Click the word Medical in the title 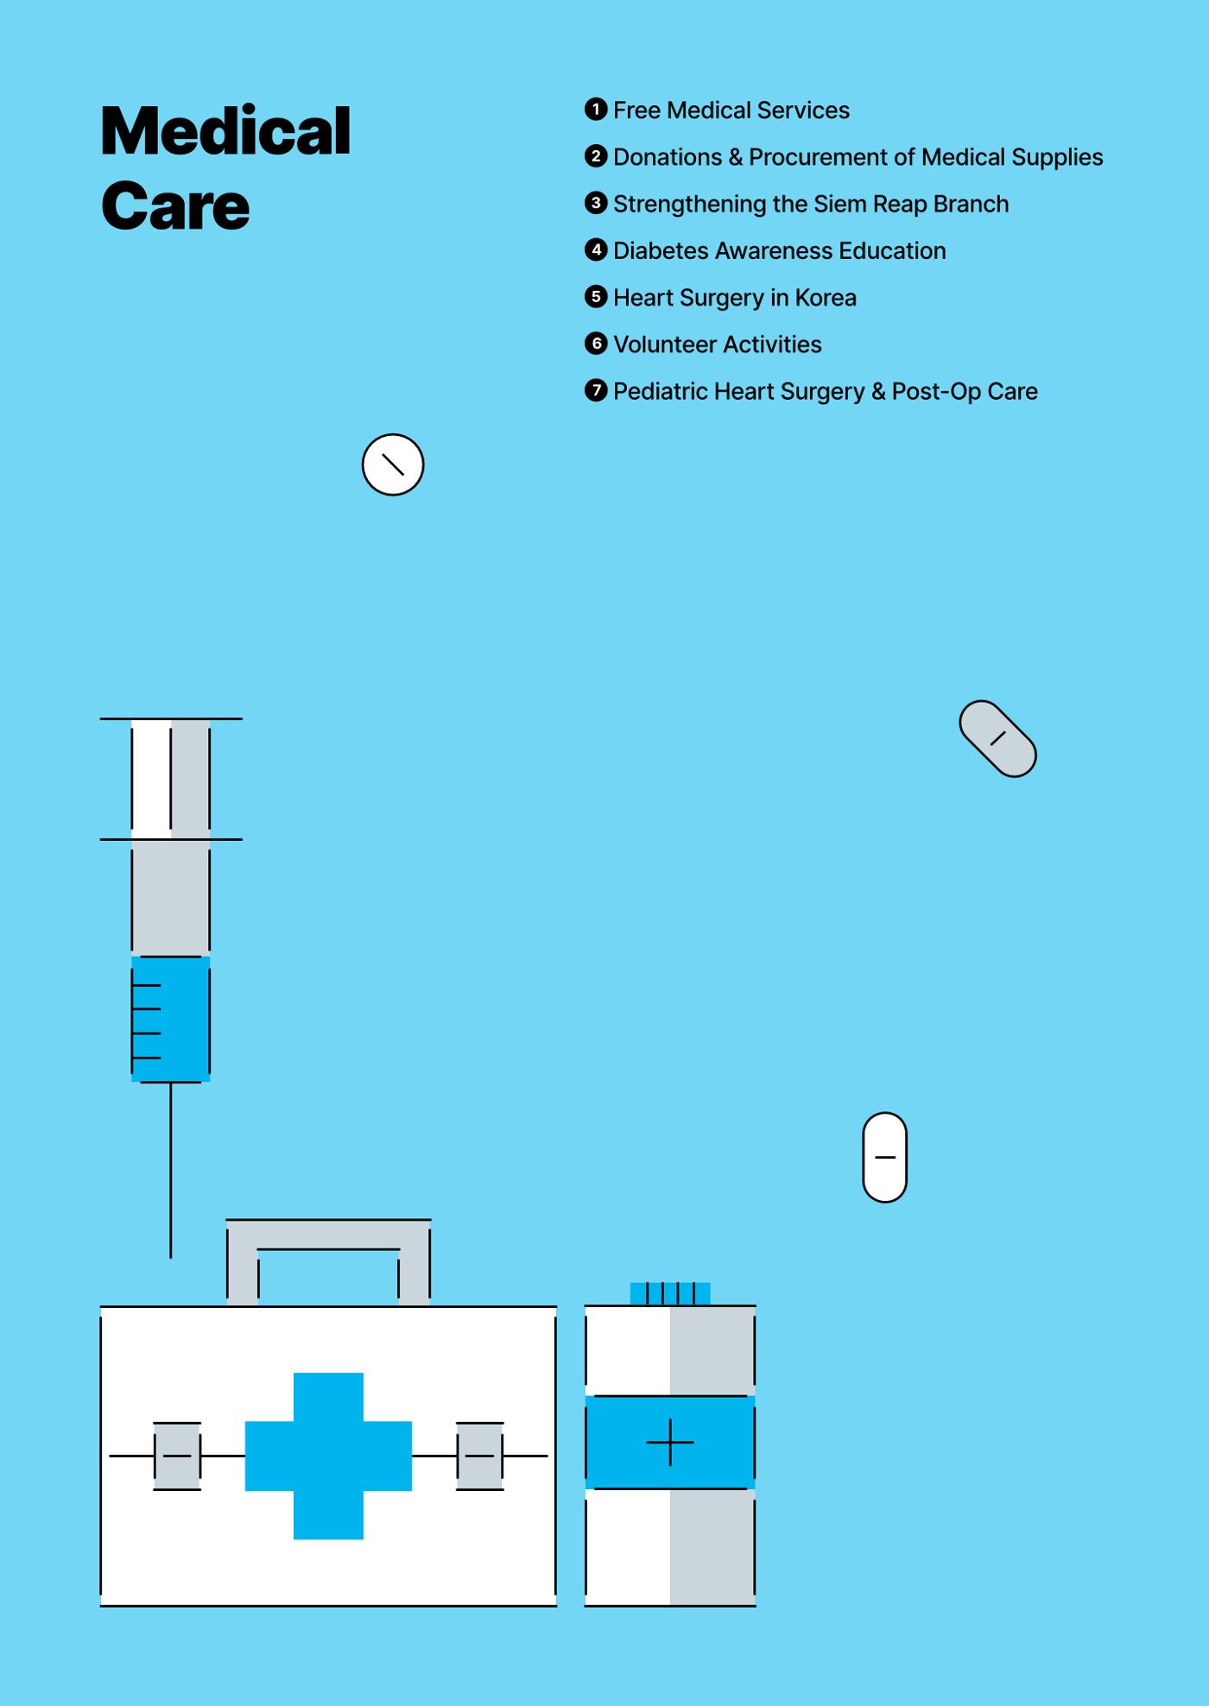pyautogui.click(x=225, y=131)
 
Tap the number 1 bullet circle pyautogui.click(x=596, y=109)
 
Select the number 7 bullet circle pyautogui.click(x=596, y=389)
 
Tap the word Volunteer pyautogui.click(x=666, y=344)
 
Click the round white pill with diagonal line pyautogui.click(x=393, y=464)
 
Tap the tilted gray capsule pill pyautogui.click(x=997, y=738)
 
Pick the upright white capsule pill pyautogui.click(x=885, y=1157)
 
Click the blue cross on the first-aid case pyautogui.click(x=328, y=1456)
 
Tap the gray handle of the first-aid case pyautogui.click(x=328, y=1235)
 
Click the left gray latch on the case pyautogui.click(x=177, y=1456)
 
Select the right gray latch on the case pyautogui.click(x=480, y=1456)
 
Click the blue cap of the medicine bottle pyautogui.click(x=670, y=1293)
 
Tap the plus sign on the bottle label pyautogui.click(x=670, y=1442)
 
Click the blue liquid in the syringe pyautogui.click(x=171, y=1019)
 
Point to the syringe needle pyautogui.click(x=170, y=1170)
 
